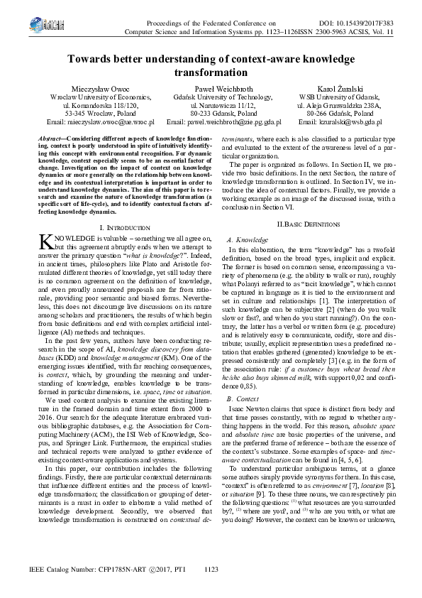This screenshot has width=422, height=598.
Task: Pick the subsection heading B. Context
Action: pyautogui.click(x=243, y=399)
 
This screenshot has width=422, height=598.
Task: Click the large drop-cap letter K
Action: pyautogui.click(x=44, y=243)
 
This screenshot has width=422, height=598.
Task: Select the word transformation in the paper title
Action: pyautogui.click(x=211, y=72)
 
